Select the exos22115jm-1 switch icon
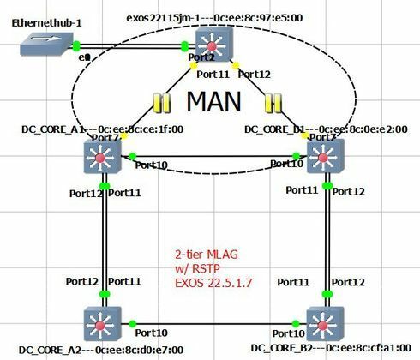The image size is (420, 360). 212,43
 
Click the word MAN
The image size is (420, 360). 214,103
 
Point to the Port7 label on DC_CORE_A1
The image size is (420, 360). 105,138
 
